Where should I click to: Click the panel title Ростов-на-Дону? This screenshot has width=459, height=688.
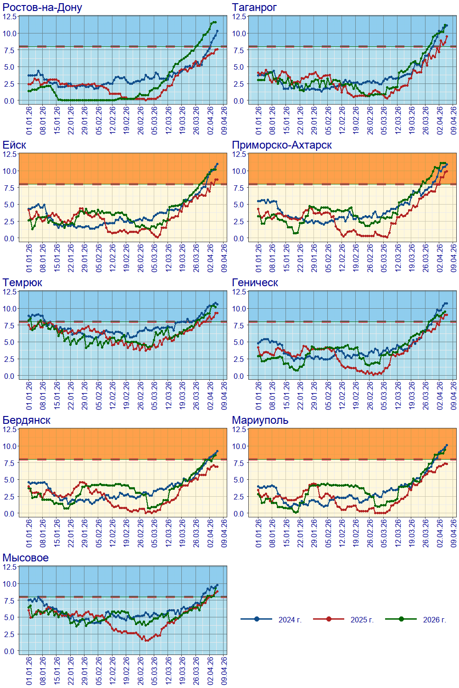42,7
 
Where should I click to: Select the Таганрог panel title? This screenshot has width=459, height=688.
254,7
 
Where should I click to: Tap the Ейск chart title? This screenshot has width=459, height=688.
14,145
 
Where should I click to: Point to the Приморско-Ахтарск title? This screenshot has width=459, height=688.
282,145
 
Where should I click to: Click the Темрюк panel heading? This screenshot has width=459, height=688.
22,283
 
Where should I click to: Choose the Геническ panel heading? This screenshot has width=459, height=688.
255,283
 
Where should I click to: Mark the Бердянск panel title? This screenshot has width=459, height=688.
27,420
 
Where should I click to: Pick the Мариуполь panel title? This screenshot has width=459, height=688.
260,420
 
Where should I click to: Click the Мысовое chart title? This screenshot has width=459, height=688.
26,558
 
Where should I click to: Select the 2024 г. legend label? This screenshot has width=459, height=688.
290,620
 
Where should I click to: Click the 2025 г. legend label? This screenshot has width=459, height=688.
362,620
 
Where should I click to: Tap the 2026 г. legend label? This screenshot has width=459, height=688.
435,620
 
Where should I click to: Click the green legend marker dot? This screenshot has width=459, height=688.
401,619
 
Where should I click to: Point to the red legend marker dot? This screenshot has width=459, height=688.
329,619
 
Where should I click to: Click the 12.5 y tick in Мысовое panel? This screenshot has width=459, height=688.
9,567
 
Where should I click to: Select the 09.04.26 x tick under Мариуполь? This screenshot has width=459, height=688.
454,533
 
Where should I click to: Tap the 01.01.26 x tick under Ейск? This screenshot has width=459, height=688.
29,258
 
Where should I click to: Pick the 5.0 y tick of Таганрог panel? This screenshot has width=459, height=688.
239,67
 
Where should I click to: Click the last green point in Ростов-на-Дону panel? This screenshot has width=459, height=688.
215,22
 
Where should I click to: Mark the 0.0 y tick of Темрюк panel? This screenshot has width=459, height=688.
9,376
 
